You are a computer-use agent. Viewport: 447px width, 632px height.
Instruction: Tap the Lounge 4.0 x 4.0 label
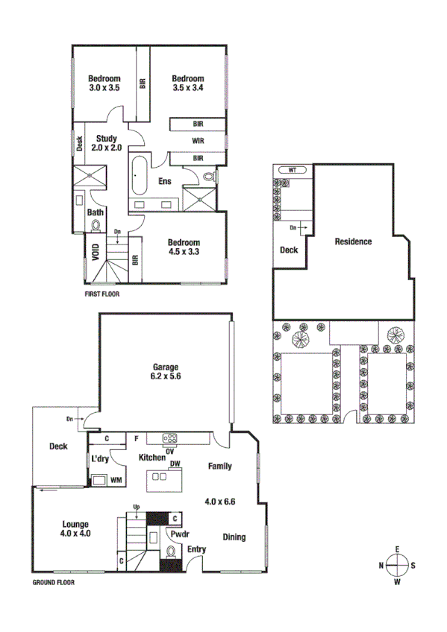click(x=75, y=528)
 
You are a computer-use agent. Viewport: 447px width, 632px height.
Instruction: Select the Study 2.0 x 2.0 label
click(x=106, y=142)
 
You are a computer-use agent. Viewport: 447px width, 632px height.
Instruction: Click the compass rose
click(x=398, y=566)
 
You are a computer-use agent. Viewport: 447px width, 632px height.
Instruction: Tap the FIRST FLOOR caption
click(x=103, y=294)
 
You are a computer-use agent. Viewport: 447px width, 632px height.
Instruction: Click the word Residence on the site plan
click(x=353, y=241)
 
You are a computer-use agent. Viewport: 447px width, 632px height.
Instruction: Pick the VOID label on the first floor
click(x=95, y=251)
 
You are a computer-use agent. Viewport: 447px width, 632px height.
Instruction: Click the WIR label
click(x=198, y=140)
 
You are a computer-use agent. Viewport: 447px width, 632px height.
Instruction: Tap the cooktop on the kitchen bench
click(x=170, y=438)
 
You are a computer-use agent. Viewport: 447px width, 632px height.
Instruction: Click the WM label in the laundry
click(x=116, y=481)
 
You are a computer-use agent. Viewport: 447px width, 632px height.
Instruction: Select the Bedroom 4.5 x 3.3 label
click(x=183, y=247)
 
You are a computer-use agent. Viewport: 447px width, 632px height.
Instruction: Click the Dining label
click(x=234, y=537)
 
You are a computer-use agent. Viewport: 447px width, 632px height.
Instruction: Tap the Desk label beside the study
click(x=79, y=142)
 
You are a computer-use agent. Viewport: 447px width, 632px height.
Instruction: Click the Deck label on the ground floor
click(x=58, y=446)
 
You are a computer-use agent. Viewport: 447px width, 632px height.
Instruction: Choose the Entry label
click(x=197, y=550)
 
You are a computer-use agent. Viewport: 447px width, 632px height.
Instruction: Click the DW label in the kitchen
click(x=175, y=464)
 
